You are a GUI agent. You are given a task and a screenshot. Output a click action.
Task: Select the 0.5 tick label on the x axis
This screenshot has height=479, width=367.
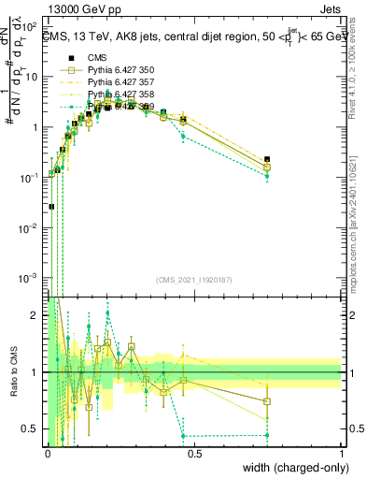tap(194, 452)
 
